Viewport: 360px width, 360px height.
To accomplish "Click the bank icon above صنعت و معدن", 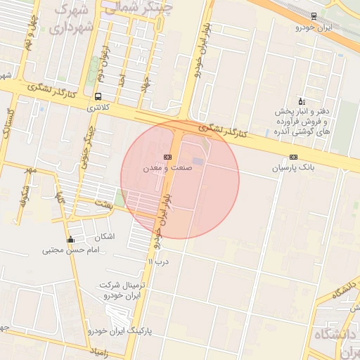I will click(x=167, y=157).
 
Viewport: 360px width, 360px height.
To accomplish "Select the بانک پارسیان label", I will click(x=293, y=169).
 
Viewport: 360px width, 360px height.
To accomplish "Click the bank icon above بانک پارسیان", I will click(x=293, y=157).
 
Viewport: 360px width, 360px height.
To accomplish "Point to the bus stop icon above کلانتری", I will click(x=97, y=97).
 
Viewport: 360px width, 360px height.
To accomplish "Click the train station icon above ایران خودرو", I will click(x=314, y=15).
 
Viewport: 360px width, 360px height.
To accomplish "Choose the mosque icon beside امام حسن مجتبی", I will click(x=70, y=240).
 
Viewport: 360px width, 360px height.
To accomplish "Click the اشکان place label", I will click(x=103, y=236).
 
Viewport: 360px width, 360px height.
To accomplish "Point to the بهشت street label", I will click(x=104, y=202).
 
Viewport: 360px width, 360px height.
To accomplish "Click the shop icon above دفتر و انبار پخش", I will click(x=301, y=101).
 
